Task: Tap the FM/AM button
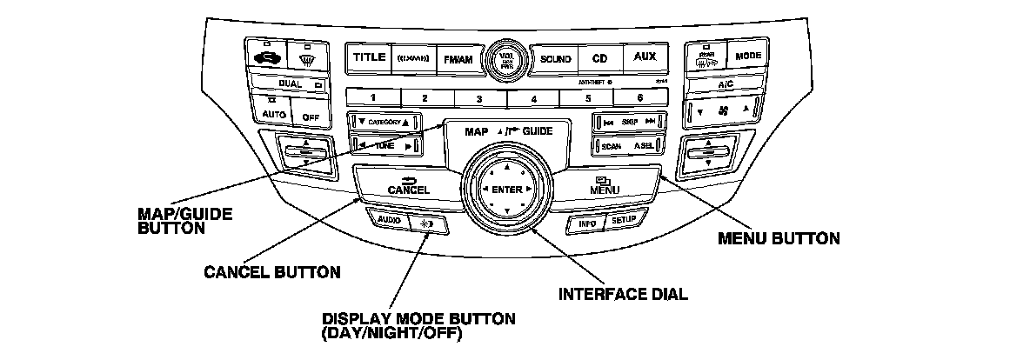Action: tap(458, 59)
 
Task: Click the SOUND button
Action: tap(555, 59)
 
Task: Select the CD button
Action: tap(599, 59)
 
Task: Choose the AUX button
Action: tap(645, 58)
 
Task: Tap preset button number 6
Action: tap(639, 99)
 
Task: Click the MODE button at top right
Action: tap(748, 55)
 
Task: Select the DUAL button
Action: tap(291, 84)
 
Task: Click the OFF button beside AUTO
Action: tap(311, 114)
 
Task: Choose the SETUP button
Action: tap(624, 221)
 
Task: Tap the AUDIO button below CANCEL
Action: tap(387, 221)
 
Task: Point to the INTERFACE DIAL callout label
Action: tap(622, 294)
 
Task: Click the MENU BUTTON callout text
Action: tap(778, 238)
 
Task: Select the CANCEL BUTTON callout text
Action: tap(271, 273)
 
